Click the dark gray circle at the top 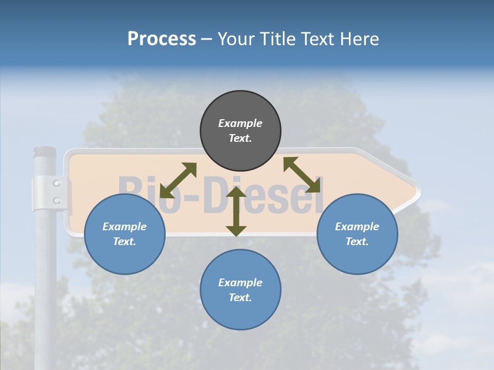240,131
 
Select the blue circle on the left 125,234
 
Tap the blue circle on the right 357,234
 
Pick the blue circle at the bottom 240,290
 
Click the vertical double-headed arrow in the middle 236,211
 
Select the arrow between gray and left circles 178,180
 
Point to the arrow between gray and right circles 302,175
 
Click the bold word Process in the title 162,39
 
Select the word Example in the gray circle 240,123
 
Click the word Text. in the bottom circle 240,298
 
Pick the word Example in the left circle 125,227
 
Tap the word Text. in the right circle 357,242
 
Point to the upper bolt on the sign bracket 57,183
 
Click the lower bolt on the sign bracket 57,200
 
